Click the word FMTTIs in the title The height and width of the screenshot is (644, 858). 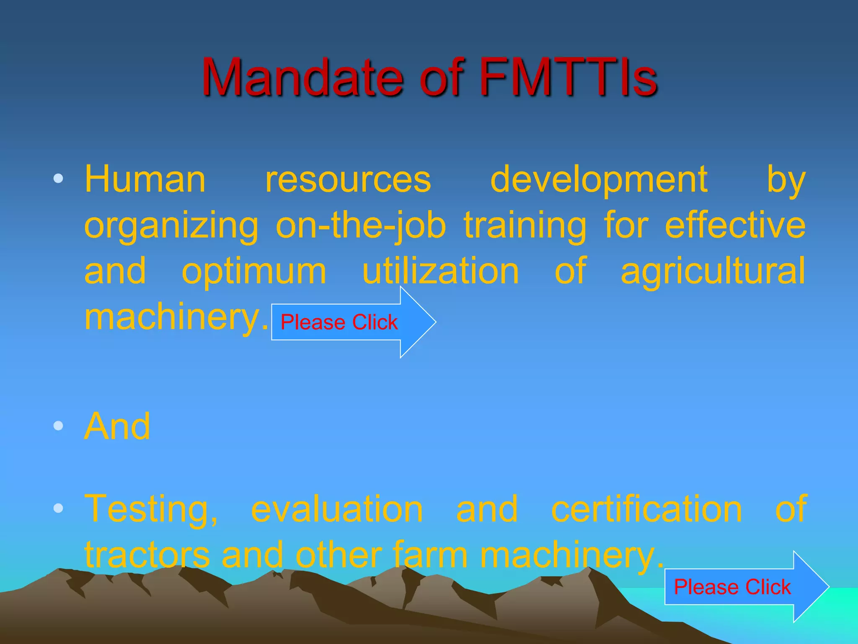click(x=568, y=78)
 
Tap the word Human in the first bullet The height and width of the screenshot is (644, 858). click(x=145, y=179)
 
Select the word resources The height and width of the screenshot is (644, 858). click(x=348, y=179)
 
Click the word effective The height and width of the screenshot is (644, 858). click(x=735, y=225)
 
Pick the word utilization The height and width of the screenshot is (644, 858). click(x=441, y=271)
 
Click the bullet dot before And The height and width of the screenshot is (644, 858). click(x=58, y=426)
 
